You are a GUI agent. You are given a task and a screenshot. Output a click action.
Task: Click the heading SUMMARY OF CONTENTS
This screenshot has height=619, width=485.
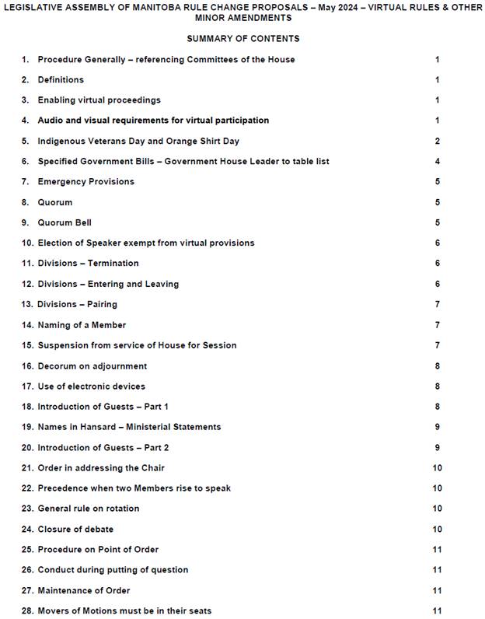[242, 38]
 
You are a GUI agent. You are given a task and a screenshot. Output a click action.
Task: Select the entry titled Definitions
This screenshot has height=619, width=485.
[61, 79]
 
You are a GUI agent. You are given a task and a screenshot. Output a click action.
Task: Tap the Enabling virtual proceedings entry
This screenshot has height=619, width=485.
[99, 100]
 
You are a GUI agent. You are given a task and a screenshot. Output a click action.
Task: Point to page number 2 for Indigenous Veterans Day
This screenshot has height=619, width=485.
[438, 141]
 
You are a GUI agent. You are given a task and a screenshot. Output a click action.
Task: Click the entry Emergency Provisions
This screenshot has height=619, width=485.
[85, 181]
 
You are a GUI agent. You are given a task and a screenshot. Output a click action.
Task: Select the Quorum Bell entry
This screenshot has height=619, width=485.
[65, 222]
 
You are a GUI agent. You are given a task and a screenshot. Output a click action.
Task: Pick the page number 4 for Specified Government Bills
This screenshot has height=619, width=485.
[438, 161]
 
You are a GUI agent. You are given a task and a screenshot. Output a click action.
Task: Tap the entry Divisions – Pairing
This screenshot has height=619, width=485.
[77, 304]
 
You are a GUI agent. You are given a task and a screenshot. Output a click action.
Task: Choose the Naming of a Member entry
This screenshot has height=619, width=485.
[82, 324]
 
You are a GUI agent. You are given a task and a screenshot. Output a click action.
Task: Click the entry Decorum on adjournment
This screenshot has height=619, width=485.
[92, 365]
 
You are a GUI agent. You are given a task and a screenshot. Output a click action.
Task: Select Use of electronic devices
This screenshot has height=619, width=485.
[91, 386]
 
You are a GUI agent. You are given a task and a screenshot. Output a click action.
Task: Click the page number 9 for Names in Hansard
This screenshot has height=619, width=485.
[438, 426]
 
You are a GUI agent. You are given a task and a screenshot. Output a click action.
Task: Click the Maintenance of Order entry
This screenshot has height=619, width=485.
[83, 590]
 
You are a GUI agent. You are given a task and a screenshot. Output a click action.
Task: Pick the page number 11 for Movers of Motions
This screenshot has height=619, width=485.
[437, 610]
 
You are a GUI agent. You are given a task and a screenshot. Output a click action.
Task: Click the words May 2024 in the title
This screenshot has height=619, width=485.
[312, 6]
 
